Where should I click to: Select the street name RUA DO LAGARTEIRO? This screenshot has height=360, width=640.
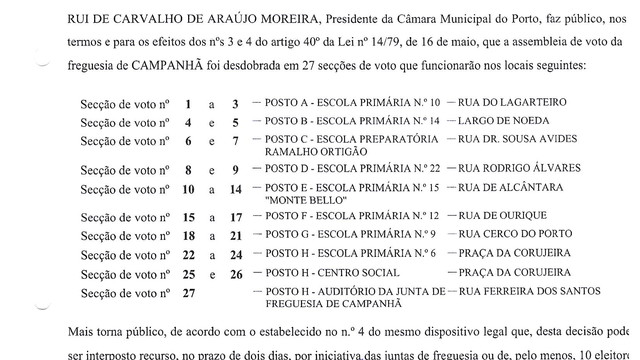click(510, 102)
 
